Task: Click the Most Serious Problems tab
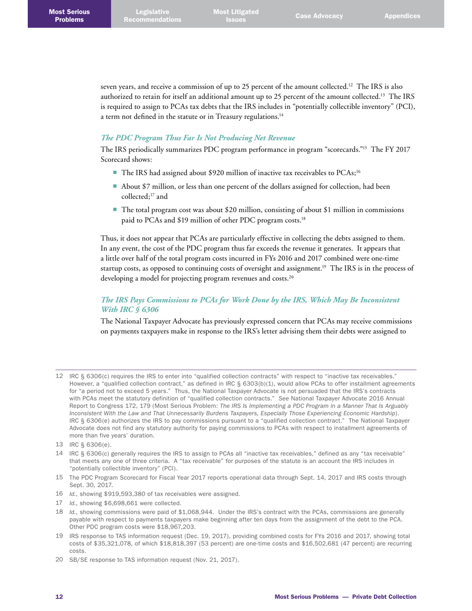coord(69,15)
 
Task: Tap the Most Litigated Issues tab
coord(236,15)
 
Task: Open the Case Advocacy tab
coord(319,16)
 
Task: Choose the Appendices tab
coord(402,16)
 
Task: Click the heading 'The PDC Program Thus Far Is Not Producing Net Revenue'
coord(198,138)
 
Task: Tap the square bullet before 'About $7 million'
coord(115,187)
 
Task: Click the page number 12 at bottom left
coord(59,596)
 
